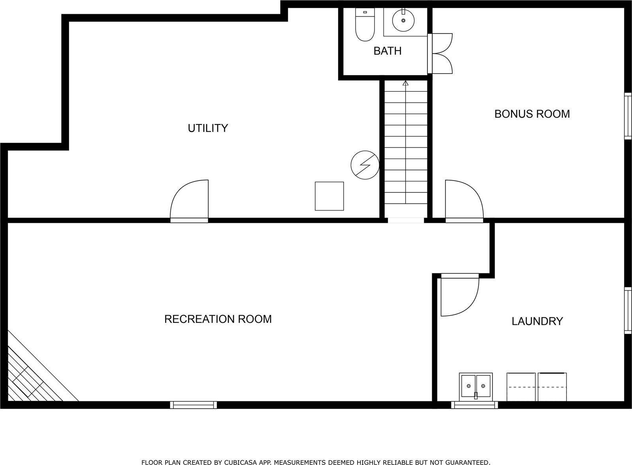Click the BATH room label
pyautogui.click(x=387, y=51)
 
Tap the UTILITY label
pyautogui.click(x=208, y=128)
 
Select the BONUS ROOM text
pyautogui.click(x=532, y=114)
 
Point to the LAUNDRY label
pyautogui.click(x=537, y=322)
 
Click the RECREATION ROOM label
pyautogui.click(x=218, y=319)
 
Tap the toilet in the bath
pyautogui.click(x=365, y=25)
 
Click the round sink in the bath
pyautogui.click(x=403, y=20)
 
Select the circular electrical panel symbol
pyautogui.click(x=365, y=165)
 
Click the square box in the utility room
pyautogui.click(x=329, y=196)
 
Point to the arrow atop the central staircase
pyautogui.click(x=405, y=83)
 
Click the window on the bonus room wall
pyautogui.click(x=627, y=116)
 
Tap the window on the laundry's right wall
pyautogui.click(x=627, y=311)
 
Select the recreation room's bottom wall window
pyautogui.click(x=194, y=405)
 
